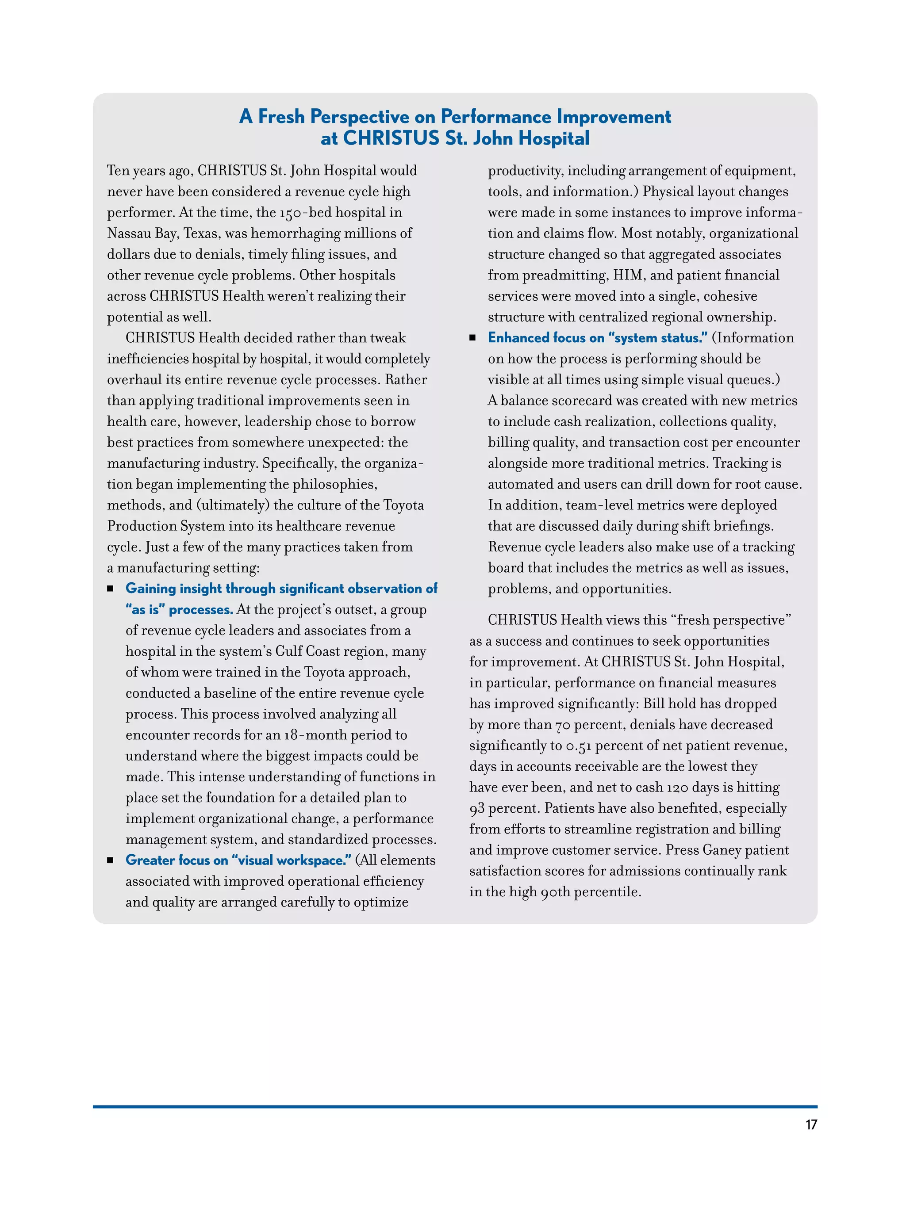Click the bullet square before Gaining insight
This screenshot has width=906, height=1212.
tap(110, 589)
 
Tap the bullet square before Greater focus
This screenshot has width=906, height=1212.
tap(110, 860)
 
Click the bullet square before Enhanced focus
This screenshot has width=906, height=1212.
tap(472, 338)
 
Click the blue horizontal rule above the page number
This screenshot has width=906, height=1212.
tap(455, 1107)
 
